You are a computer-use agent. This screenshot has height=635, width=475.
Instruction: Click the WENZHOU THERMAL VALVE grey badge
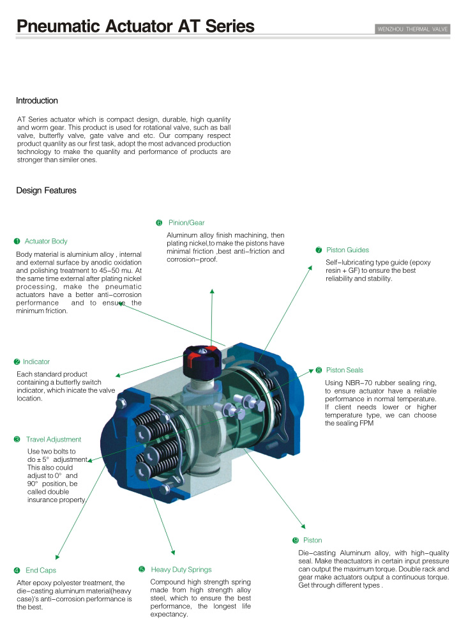(x=412, y=29)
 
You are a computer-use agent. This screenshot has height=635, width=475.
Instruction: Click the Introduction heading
(x=37, y=100)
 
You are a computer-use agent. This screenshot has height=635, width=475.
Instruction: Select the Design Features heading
(x=46, y=190)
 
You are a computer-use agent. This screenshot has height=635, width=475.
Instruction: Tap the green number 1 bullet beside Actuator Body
(x=17, y=241)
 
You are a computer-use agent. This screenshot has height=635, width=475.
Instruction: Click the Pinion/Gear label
(x=186, y=223)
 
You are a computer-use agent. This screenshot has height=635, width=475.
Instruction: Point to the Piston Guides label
(x=347, y=250)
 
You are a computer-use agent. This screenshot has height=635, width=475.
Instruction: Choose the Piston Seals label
(x=345, y=370)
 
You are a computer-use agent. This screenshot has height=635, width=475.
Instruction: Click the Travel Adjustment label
(x=54, y=440)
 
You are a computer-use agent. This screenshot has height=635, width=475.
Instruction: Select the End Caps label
(x=41, y=570)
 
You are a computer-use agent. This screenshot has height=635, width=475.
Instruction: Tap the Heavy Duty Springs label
(x=181, y=569)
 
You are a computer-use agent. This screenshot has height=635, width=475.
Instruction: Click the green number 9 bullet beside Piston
(x=296, y=540)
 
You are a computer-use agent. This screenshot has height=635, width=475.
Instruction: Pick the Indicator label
(x=36, y=362)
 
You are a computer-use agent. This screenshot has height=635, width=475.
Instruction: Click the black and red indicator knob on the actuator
(x=202, y=360)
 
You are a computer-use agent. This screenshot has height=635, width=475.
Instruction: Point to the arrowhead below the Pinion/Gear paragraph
(x=212, y=291)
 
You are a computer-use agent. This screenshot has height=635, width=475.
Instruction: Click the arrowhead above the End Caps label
(x=57, y=557)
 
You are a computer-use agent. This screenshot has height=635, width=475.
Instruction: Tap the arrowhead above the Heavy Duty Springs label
(x=173, y=553)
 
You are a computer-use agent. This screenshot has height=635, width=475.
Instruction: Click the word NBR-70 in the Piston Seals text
(x=359, y=383)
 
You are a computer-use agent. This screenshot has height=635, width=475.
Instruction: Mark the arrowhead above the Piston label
(x=303, y=526)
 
